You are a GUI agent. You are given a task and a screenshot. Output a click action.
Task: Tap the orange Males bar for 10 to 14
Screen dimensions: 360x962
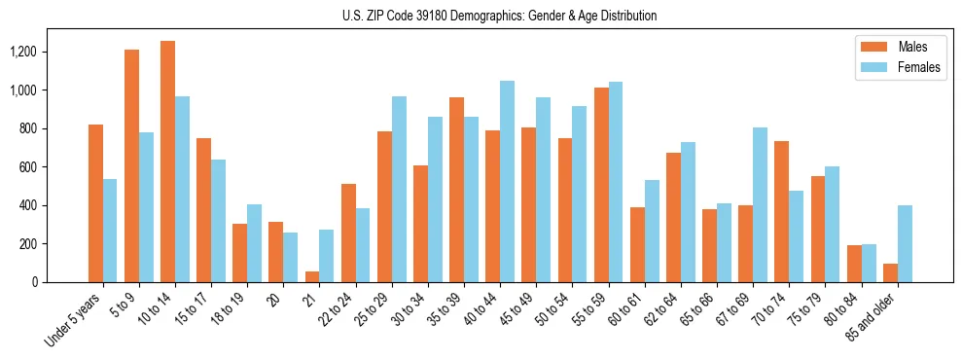[x=167, y=162]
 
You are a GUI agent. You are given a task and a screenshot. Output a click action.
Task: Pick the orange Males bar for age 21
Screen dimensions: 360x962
[x=311, y=277]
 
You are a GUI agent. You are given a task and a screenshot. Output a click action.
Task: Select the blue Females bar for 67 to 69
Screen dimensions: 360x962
[x=760, y=205]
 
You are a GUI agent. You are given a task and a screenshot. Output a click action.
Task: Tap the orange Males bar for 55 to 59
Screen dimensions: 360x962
[x=600, y=185]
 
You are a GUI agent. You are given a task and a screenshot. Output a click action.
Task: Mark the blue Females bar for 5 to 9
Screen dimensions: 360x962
[x=146, y=207]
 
